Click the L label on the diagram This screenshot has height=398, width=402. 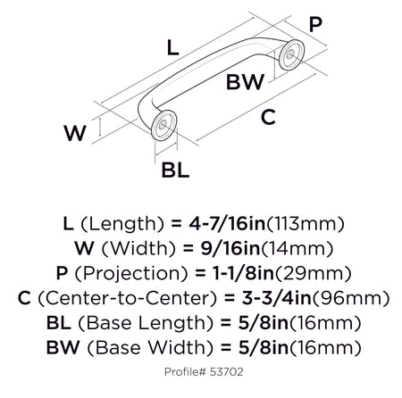pos(172,48)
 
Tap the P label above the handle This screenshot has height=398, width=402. pos(315,24)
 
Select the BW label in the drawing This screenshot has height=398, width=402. pos(245,82)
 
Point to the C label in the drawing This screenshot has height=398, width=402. pos(268,117)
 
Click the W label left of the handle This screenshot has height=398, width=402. pos(75,133)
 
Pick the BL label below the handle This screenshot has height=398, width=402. pos(175,170)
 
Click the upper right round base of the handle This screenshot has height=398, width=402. pos(292,54)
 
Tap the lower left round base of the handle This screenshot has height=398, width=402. pos(163,125)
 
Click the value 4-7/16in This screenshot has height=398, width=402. pos(227,224)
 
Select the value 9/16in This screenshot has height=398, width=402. pos(230,248)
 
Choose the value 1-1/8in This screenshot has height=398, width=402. pos(243,273)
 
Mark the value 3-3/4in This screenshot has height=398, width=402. pos(277,298)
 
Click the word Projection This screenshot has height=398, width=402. pos(131,274)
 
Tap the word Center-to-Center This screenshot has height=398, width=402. pos(127,298)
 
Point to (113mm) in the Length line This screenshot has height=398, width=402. pos(305,224)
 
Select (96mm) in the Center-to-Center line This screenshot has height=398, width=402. pos(350,298)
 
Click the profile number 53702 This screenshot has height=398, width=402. pos(227,372)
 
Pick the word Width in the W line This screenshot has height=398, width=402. pos(138,249)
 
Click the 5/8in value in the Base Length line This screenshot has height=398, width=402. pos(264,323)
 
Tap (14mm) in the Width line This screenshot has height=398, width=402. pos(297,249)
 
